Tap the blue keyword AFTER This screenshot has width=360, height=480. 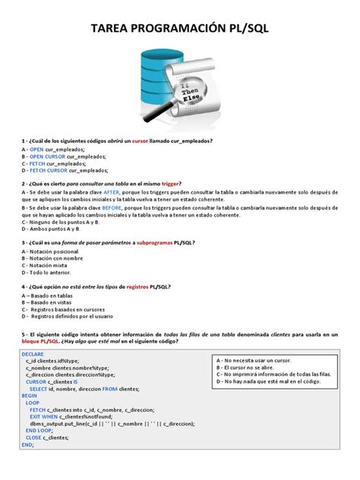(112, 194)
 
